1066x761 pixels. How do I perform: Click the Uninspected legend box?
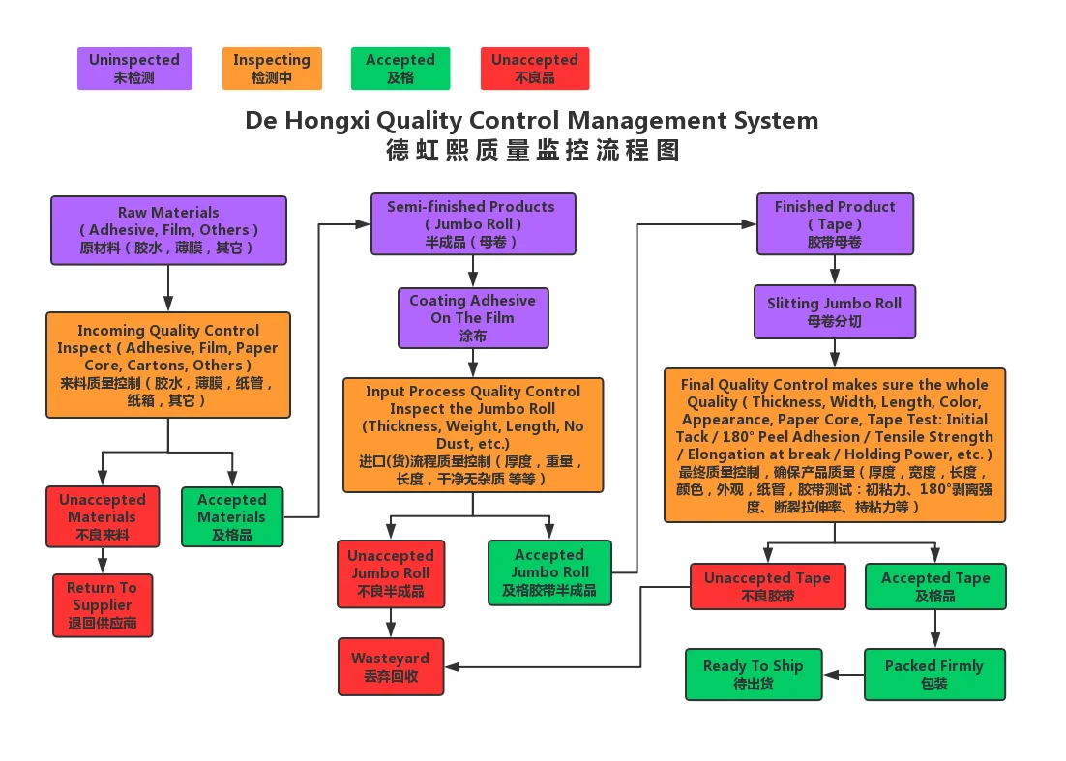pos(134,69)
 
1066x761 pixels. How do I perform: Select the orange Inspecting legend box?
pos(271,69)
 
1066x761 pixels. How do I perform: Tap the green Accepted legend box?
pos(400,69)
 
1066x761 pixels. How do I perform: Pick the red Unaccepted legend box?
pos(534,69)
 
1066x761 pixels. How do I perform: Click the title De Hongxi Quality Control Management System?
pos(531,121)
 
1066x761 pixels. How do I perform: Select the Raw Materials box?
pos(168,230)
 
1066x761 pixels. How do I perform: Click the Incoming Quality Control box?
pos(168,365)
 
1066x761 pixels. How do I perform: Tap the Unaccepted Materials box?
pos(102,516)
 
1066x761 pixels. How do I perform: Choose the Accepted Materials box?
pos(232,516)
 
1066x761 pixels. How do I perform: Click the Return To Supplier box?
pos(103,605)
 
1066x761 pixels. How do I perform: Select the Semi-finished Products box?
pos(473,223)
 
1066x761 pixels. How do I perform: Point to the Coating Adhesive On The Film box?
pos(473,317)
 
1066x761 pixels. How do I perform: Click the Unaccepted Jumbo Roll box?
pos(390,572)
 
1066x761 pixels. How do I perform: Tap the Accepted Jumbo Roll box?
pos(549,572)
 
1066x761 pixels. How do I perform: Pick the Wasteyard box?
pos(391,666)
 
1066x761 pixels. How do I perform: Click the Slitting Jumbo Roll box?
pos(834,311)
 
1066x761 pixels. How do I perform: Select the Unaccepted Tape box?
pos(767,586)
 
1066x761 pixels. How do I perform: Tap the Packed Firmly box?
pos(933,674)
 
